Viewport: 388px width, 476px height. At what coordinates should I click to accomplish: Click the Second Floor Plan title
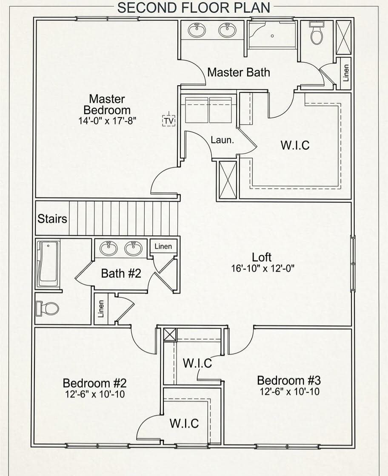click(x=194, y=8)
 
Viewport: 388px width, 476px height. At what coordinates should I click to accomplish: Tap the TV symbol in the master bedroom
click(x=168, y=121)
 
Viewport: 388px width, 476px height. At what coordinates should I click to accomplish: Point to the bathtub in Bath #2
click(x=48, y=263)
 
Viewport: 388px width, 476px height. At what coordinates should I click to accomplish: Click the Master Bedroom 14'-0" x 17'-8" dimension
click(x=107, y=121)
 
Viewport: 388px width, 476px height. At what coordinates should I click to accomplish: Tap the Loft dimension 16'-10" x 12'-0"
click(x=262, y=268)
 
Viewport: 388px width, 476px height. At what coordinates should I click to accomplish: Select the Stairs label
click(x=52, y=219)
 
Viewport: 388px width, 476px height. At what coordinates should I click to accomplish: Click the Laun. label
click(x=223, y=140)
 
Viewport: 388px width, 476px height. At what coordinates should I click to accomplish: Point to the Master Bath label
click(x=239, y=72)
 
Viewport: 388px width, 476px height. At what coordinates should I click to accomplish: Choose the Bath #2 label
click(x=121, y=273)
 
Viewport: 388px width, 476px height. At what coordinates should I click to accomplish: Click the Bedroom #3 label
click(x=289, y=380)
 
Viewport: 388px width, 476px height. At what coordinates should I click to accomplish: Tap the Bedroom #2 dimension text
click(x=95, y=394)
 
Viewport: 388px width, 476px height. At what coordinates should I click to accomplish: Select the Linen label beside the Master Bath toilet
click(x=346, y=73)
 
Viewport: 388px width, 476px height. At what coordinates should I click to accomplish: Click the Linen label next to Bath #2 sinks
click(x=163, y=246)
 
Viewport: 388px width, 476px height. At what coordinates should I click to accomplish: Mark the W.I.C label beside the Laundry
click(x=295, y=145)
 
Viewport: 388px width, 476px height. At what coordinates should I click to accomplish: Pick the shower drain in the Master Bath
click(x=272, y=36)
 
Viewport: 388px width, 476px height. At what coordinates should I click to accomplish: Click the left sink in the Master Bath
click(x=197, y=30)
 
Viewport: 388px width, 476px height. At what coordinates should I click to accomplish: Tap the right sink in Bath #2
click(x=133, y=248)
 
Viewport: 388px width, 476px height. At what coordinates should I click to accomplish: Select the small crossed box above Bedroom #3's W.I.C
click(x=170, y=335)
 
